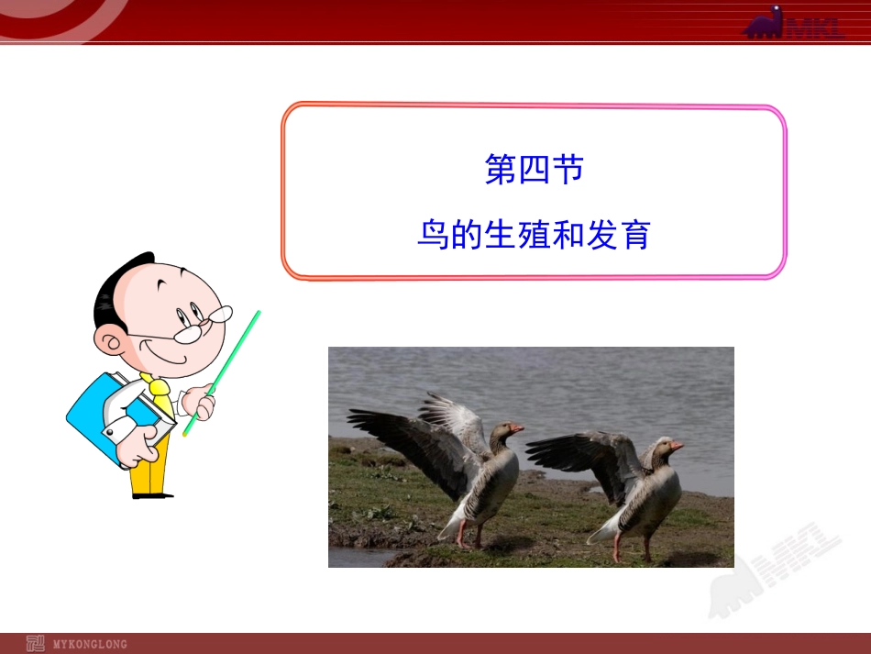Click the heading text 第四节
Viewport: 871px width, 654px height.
pos(534,170)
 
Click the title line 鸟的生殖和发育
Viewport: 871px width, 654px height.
pos(534,235)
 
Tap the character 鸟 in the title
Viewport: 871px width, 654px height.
pos(432,235)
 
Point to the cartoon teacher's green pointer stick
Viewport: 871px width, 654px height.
pos(225,368)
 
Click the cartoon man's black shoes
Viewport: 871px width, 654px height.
pos(152,495)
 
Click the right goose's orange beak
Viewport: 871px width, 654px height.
pos(676,446)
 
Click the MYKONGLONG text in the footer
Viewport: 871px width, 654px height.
pos(90,644)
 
